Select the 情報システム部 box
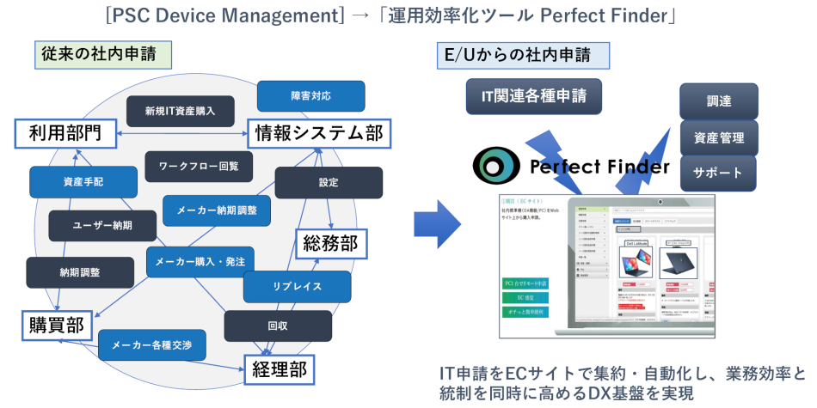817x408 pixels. (x=316, y=132)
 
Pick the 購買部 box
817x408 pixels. (x=53, y=325)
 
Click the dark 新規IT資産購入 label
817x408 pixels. (x=180, y=111)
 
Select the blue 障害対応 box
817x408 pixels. (x=310, y=95)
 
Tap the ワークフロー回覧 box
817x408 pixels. (x=199, y=166)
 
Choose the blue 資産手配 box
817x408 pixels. (x=83, y=181)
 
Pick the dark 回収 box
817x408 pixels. (x=278, y=326)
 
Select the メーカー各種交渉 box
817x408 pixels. (x=152, y=345)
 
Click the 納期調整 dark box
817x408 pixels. (x=80, y=272)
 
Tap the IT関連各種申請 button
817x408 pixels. (x=534, y=96)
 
